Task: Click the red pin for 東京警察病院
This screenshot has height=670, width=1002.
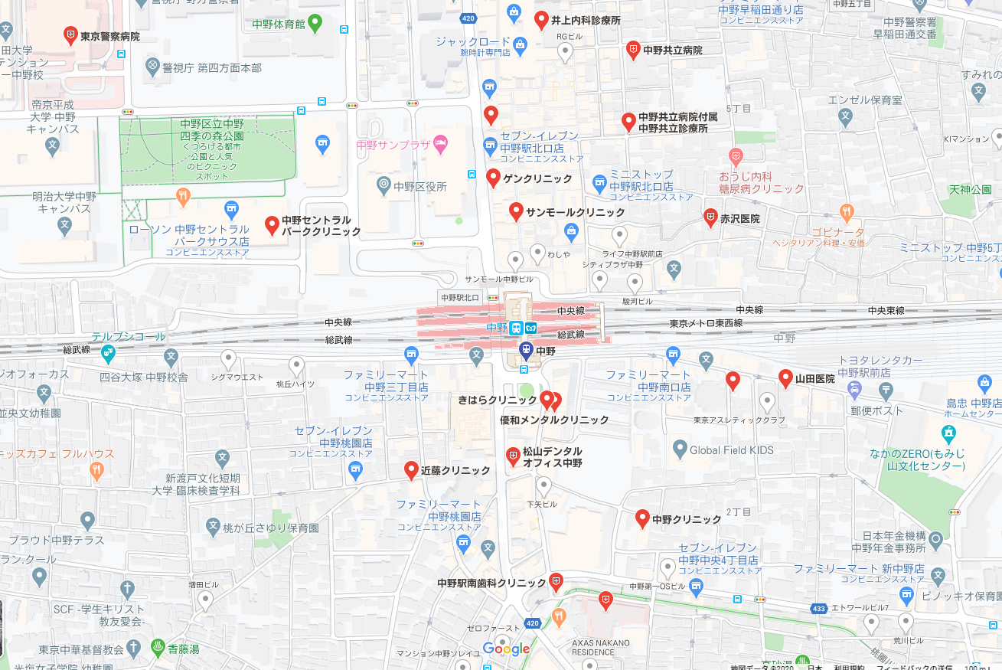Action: pyautogui.click(x=70, y=34)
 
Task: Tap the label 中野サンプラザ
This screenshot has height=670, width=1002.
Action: pyautogui.click(x=390, y=144)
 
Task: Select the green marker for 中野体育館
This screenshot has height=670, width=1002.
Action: pyautogui.click(x=315, y=23)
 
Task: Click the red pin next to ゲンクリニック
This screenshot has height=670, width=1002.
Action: pyautogui.click(x=493, y=178)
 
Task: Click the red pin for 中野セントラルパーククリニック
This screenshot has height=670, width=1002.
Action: pyautogui.click(x=271, y=224)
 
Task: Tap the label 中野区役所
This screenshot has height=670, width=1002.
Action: pyautogui.click(x=419, y=186)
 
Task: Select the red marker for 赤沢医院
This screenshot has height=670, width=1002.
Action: pyautogui.click(x=710, y=217)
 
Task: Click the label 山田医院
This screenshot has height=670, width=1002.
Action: pyautogui.click(x=814, y=378)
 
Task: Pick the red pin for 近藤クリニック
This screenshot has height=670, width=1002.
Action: pyautogui.click(x=411, y=469)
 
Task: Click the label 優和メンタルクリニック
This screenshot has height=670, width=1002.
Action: pyautogui.click(x=554, y=420)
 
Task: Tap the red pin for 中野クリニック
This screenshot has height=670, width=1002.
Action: pyautogui.click(x=643, y=518)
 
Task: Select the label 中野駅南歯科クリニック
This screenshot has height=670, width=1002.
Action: pyautogui.click(x=491, y=583)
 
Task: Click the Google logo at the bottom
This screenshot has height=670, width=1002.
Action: pyautogui.click(x=506, y=649)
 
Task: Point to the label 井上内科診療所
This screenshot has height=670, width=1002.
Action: pyautogui.click(x=586, y=21)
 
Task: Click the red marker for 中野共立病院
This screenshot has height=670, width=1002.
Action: pyautogui.click(x=633, y=50)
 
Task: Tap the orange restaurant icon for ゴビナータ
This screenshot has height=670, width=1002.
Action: pyautogui.click(x=846, y=211)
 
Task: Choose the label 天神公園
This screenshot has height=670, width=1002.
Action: pyautogui.click(x=970, y=189)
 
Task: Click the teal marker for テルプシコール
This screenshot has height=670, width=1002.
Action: pyautogui.click(x=108, y=353)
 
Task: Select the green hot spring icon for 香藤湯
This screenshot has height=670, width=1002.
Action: pyautogui.click(x=158, y=647)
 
